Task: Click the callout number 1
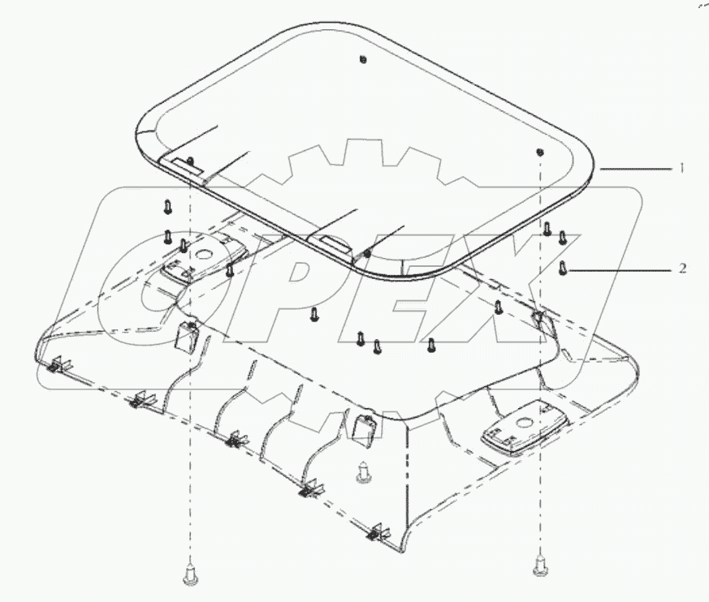pos(683,168)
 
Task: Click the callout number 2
pos(683,267)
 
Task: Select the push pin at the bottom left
pos(190,577)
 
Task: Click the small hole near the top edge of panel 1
pos(362,59)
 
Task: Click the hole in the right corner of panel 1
pos(539,152)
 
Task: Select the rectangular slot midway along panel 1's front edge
pos(329,242)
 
